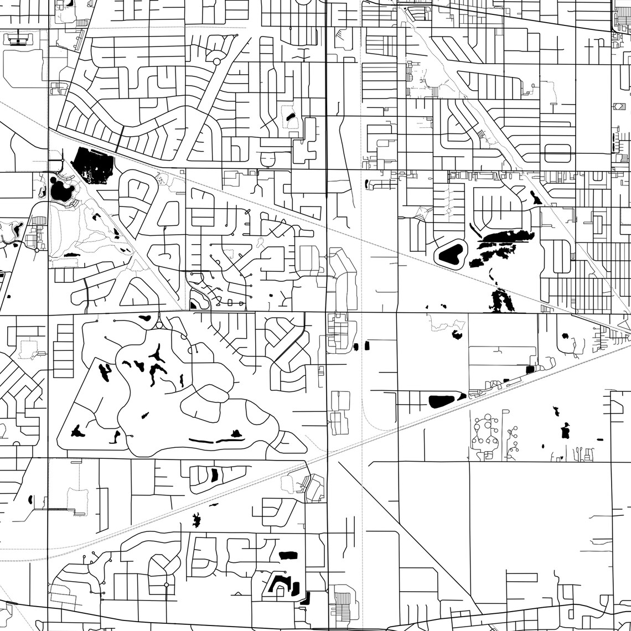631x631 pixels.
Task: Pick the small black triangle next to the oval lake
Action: tap(462, 397)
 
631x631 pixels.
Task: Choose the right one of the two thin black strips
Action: tap(230, 441)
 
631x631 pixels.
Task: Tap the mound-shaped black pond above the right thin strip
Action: tap(236, 433)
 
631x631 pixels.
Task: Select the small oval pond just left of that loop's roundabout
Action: tap(144, 318)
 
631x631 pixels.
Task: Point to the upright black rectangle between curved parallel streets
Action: tap(214, 474)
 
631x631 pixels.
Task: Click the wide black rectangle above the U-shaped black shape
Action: tap(288, 555)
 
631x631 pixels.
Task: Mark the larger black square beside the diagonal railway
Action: tap(529, 369)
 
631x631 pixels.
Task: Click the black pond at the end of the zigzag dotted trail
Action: tap(457, 334)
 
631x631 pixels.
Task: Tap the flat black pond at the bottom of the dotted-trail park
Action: tap(71, 254)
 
